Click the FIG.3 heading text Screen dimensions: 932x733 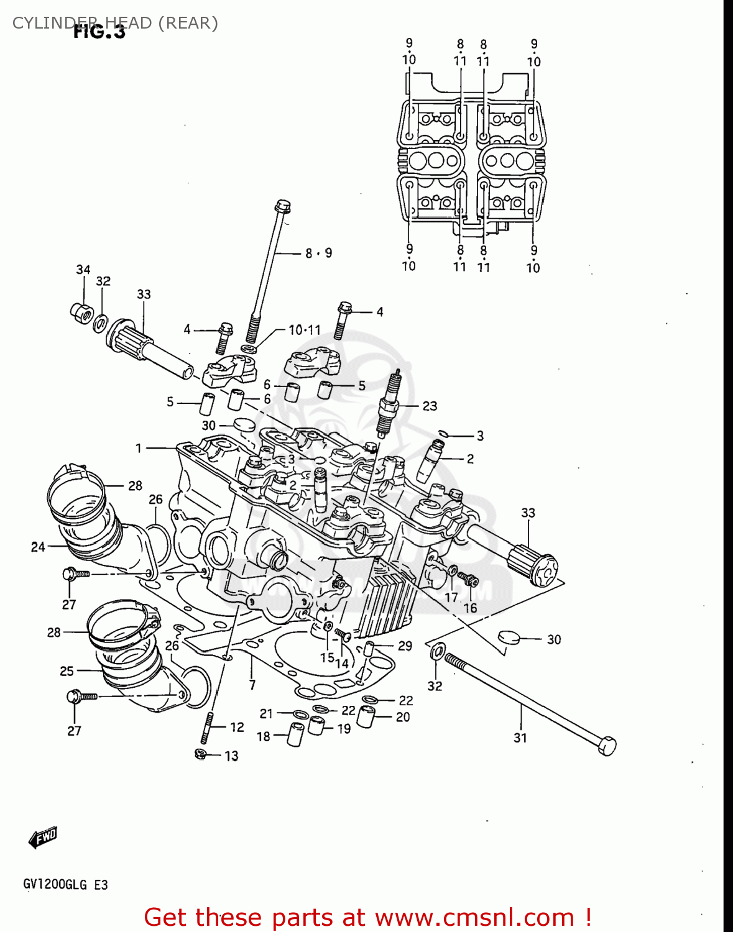click(x=99, y=32)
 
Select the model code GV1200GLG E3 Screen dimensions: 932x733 click(x=65, y=884)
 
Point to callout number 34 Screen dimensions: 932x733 click(x=83, y=270)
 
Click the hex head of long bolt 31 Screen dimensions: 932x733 click(x=607, y=745)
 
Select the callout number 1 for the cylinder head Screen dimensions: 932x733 click(x=139, y=448)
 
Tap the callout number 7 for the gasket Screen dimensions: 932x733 click(x=252, y=685)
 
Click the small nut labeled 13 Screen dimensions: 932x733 click(x=201, y=754)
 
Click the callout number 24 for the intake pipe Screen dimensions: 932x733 click(x=38, y=547)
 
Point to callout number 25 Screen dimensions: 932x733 click(x=67, y=671)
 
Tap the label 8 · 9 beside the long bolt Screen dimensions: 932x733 click(x=318, y=253)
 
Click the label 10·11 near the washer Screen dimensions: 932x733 click(x=304, y=330)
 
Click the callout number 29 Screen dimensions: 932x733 click(x=405, y=646)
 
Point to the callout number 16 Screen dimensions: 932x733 click(x=470, y=608)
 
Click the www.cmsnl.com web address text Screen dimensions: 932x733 click(x=474, y=917)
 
